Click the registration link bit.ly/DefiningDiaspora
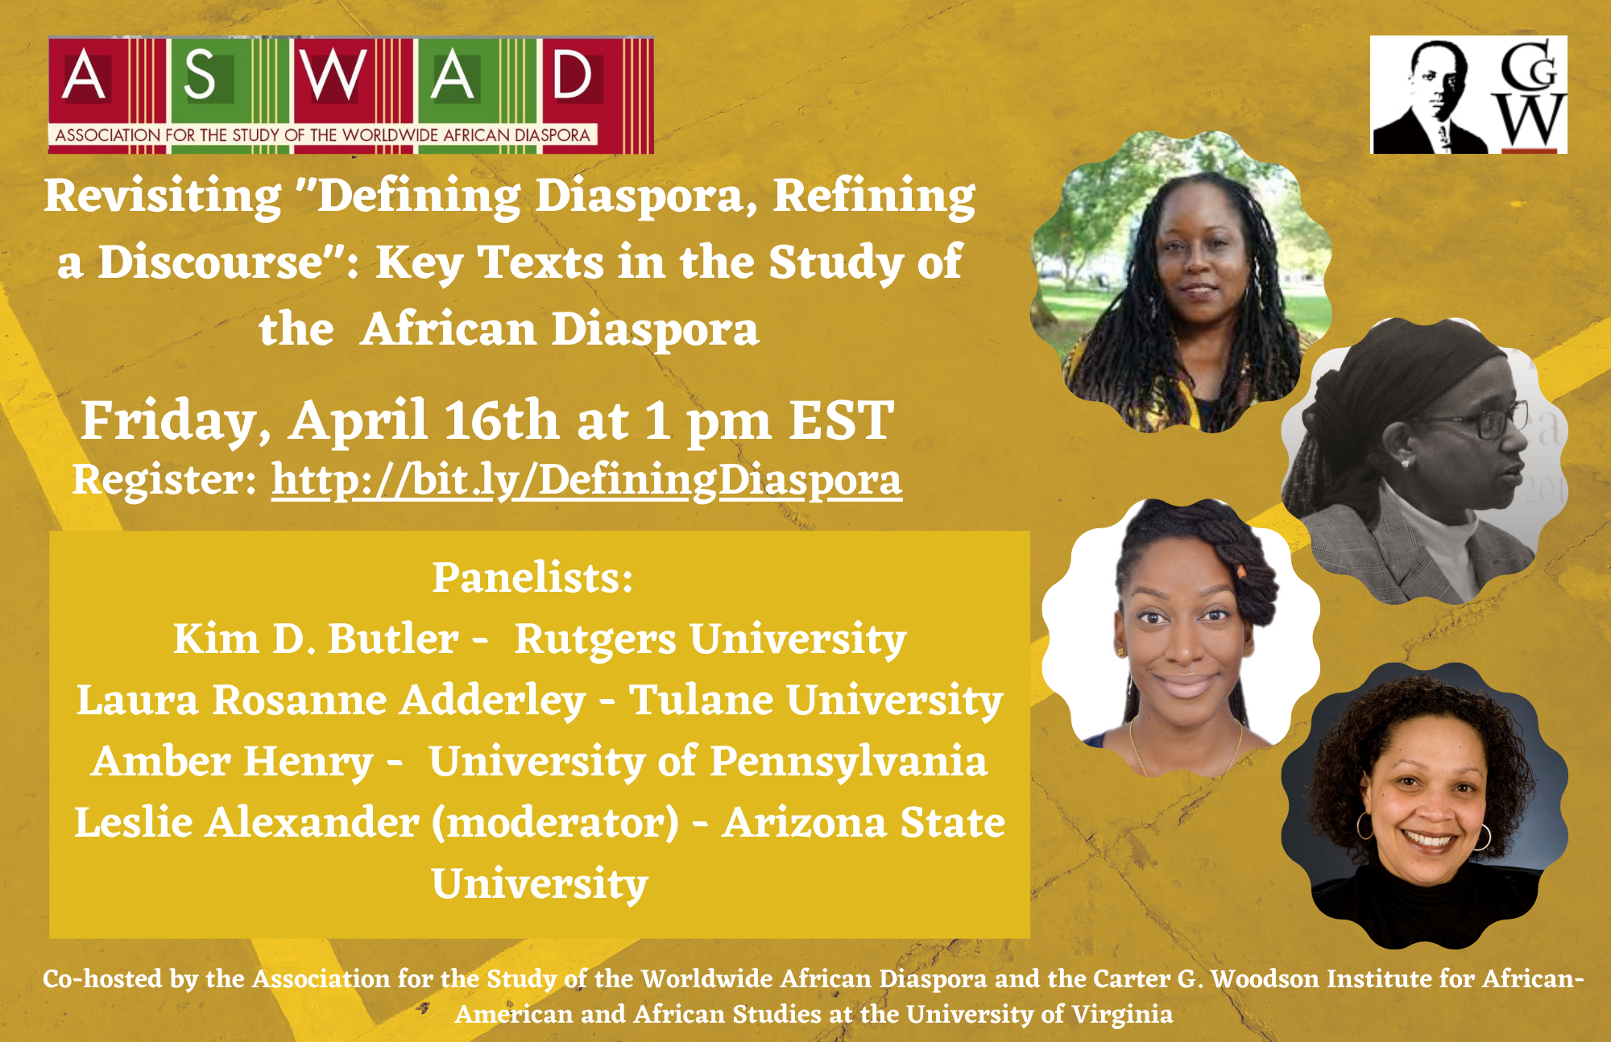coord(586,480)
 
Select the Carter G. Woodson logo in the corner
coord(1468,94)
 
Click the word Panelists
coord(532,577)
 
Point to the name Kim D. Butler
coord(316,639)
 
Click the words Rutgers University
coord(710,640)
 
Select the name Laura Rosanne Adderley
coord(331,700)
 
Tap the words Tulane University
coord(816,701)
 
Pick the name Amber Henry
coord(233,762)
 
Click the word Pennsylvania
coord(849,763)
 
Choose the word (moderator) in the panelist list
coord(556,823)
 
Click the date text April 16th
coord(424,420)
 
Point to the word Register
coord(164,481)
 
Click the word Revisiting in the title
coord(163,196)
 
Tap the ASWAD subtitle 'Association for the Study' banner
coord(322,134)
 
